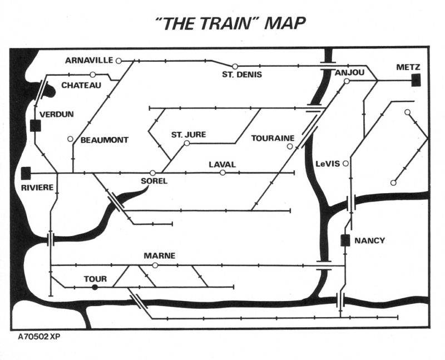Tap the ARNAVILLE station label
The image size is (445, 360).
(x=89, y=60)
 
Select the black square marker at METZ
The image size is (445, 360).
(x=416, y=80)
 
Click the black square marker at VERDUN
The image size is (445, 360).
(x=37, y=126)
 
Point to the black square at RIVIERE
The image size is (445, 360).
(x=26, y=173)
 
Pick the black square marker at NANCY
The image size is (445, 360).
(x=345, y=240)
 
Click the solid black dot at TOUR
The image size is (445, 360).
(x=95, y=287)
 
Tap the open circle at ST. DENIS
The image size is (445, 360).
(x=235, y=66)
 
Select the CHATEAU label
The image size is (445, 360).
(x=81, y=85)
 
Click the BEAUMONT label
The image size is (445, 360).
(x=105, y=140)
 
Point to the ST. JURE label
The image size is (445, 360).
(x=189, y=135)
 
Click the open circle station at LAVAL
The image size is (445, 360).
(x=222, y=172)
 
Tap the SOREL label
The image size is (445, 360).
(x=154, y=181)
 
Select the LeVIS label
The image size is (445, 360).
(x=327, y=164)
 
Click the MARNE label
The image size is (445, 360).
(x=160, y=256)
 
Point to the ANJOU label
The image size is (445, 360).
(x=350, y=72)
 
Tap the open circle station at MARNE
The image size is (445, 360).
(x=155, y=265)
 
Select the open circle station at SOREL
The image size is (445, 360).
(x=153, y=172)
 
